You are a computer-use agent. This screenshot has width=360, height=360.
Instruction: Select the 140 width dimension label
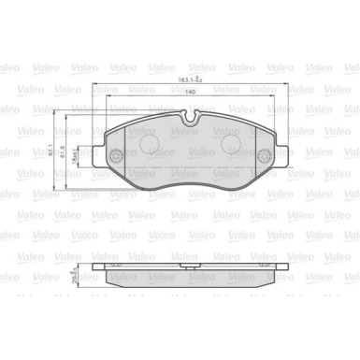pyautogui.click(x=191, y=94)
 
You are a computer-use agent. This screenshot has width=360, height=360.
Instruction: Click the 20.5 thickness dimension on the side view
pyautogui.click(x=69, y=277)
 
